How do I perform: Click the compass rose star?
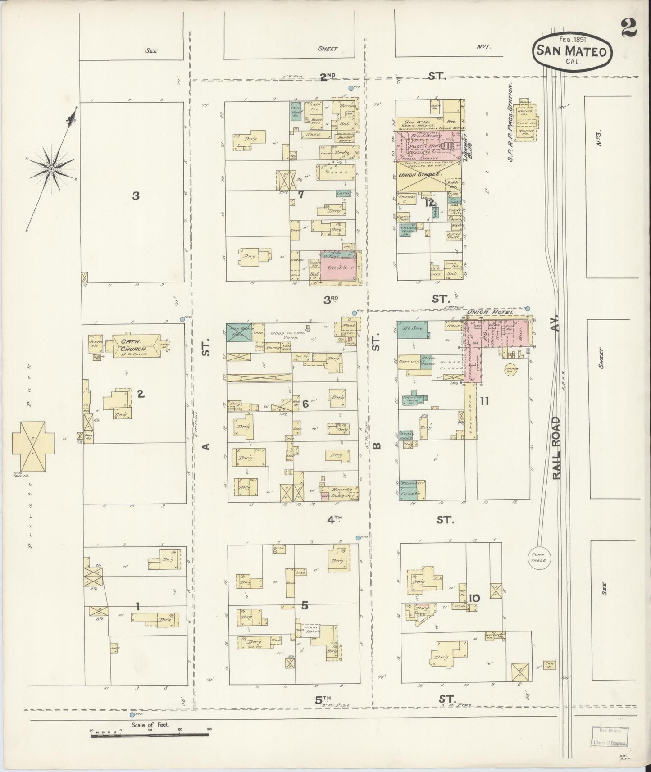(x=51, y=169)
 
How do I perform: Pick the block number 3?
(x=136, y=195)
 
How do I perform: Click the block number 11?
(x=484, y=401)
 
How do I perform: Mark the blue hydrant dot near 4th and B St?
(x=358, y=537)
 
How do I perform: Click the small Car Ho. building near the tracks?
(x=549, y=665)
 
